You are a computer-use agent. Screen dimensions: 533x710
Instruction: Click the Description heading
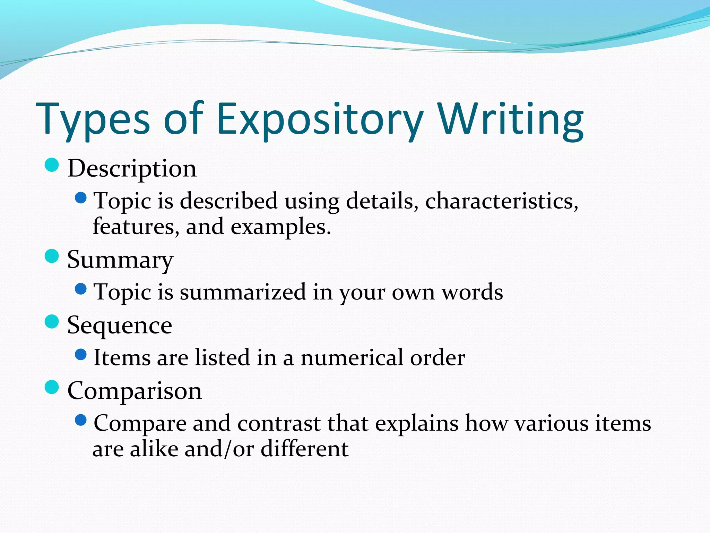(132, 169)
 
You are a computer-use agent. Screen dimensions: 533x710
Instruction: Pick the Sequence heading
(120, 325)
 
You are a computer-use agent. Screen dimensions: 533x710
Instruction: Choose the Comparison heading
(135, 391)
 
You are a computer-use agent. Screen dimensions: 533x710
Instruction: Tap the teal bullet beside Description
(52, 165)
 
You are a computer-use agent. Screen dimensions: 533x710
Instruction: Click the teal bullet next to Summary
(52, 256)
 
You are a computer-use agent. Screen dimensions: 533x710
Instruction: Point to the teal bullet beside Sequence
(52, 322)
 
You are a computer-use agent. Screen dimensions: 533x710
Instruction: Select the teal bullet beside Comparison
(52, 387)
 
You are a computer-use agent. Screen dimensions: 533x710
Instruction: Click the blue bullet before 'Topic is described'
(80, 198)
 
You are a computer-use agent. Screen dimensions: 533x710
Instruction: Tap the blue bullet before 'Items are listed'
(80, 355)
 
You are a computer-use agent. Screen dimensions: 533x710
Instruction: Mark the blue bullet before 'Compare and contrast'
(80, 420)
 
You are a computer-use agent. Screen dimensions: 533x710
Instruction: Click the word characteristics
(501, 201)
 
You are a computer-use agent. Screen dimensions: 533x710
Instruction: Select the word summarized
(243, 292)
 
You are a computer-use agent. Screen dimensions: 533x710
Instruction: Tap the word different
(304, 449)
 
